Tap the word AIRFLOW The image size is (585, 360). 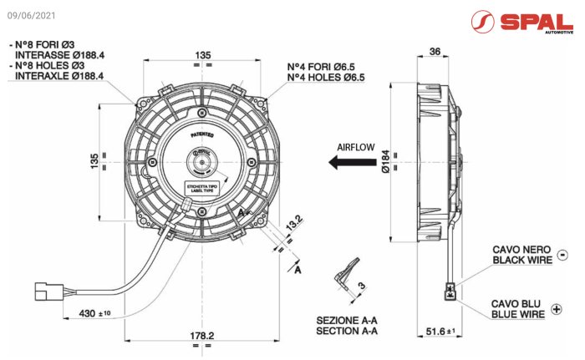tap(355, 147)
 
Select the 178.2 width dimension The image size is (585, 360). tap(200, 335)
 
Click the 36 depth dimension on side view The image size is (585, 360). tap(434, 51)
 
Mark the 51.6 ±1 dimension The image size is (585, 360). tap(440, 332)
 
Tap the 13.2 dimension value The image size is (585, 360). tap(293, 224)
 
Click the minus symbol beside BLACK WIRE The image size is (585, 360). tap(561, 255)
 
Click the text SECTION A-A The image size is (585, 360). tap(347, 332)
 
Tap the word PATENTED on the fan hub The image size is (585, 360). tap(202, 134)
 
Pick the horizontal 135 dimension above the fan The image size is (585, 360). tap(203, 54)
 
